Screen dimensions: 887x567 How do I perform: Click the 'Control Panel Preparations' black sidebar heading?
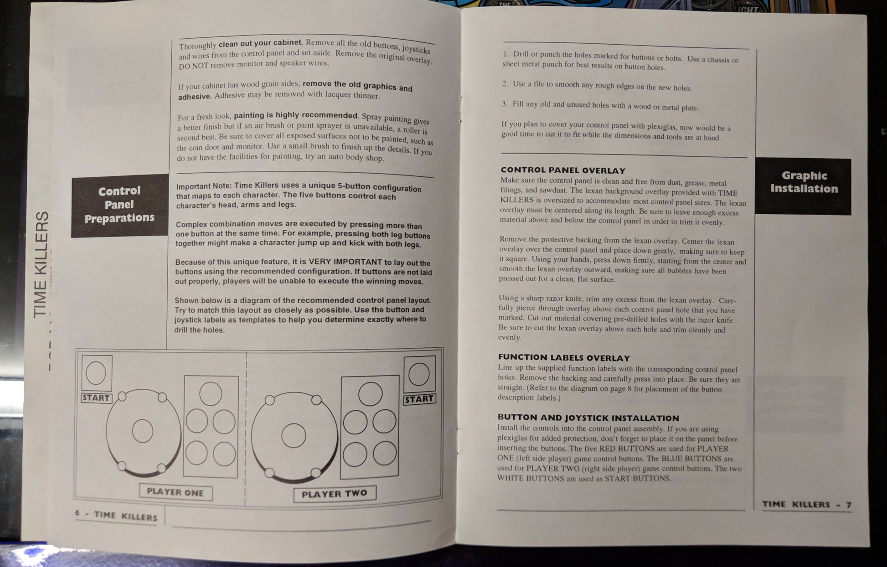click(120, 205)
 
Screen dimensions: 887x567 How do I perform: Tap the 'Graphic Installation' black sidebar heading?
click(803, 186)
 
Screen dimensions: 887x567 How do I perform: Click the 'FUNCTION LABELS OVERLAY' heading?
click(564, 358)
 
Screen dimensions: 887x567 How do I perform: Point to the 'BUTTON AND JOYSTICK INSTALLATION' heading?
click(588, 418)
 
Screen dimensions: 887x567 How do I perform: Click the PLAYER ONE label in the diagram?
click(175, 492)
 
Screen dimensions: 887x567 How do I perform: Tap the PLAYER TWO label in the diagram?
click(334, 494)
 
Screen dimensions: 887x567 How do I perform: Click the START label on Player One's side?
click(96, 398)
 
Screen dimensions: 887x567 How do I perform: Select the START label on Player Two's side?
click(419, 399)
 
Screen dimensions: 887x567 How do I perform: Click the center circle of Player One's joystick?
click(142, 431)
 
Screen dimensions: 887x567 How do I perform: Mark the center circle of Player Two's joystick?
click(294, 435)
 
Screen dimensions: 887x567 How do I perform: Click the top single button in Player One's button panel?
click(211, 394)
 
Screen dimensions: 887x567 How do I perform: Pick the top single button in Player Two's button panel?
click(370, 394)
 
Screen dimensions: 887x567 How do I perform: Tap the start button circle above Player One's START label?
click(96, 373)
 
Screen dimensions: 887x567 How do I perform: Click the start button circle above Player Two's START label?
click(419, 375)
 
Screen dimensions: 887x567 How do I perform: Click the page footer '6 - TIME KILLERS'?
click(116, 515)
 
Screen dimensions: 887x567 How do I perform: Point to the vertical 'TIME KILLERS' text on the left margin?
click(42, 264)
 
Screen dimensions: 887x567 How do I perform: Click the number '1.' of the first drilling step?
click(505, 54)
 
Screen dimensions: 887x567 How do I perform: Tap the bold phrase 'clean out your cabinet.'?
click(261, 43)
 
